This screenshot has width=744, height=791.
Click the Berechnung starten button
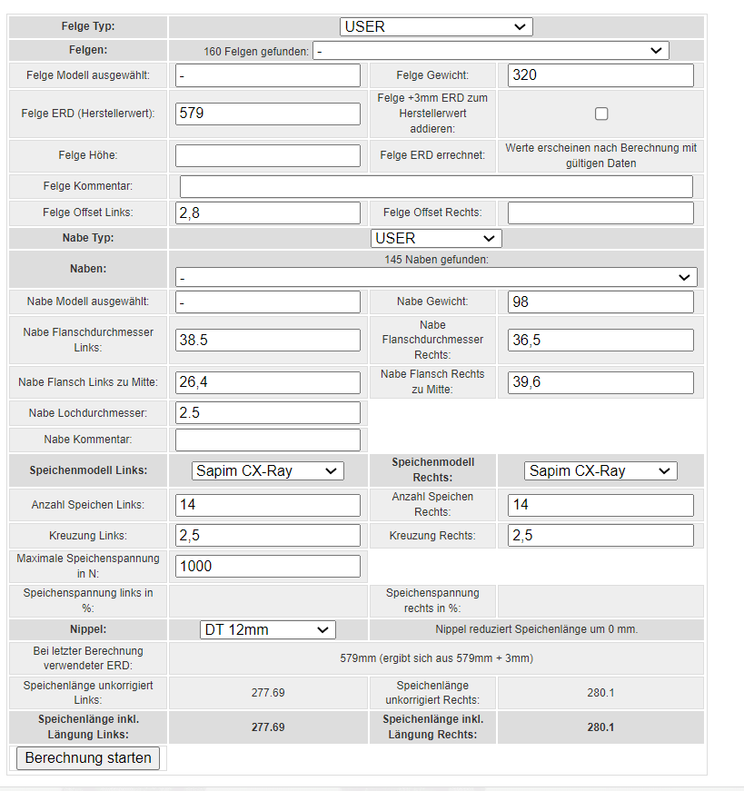point(88,757)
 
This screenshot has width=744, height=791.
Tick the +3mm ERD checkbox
point(601,114)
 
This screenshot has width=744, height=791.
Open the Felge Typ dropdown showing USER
point(436,26)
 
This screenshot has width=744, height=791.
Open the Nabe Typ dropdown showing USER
point(436,238)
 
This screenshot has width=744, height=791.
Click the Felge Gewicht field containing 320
point(600,75)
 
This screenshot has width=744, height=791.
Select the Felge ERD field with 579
point(268,114)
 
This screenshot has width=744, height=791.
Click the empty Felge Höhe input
point(268,155)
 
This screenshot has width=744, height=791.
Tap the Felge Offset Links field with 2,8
point(268,213)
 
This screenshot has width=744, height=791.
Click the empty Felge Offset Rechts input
point(600,213)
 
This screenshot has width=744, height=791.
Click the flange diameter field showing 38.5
point(268,340)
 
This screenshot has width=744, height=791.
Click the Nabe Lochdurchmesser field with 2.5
point(268,412)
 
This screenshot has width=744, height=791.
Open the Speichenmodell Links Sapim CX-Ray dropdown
point(268,470)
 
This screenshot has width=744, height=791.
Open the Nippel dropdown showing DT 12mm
point(268,629)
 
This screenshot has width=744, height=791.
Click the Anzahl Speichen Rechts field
point(600,504)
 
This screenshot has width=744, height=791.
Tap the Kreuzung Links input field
point(268,535)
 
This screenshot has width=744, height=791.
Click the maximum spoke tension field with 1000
point(268,566)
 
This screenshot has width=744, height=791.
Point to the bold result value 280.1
point(600,727)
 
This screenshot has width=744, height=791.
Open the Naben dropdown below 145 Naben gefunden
point(436,277)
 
